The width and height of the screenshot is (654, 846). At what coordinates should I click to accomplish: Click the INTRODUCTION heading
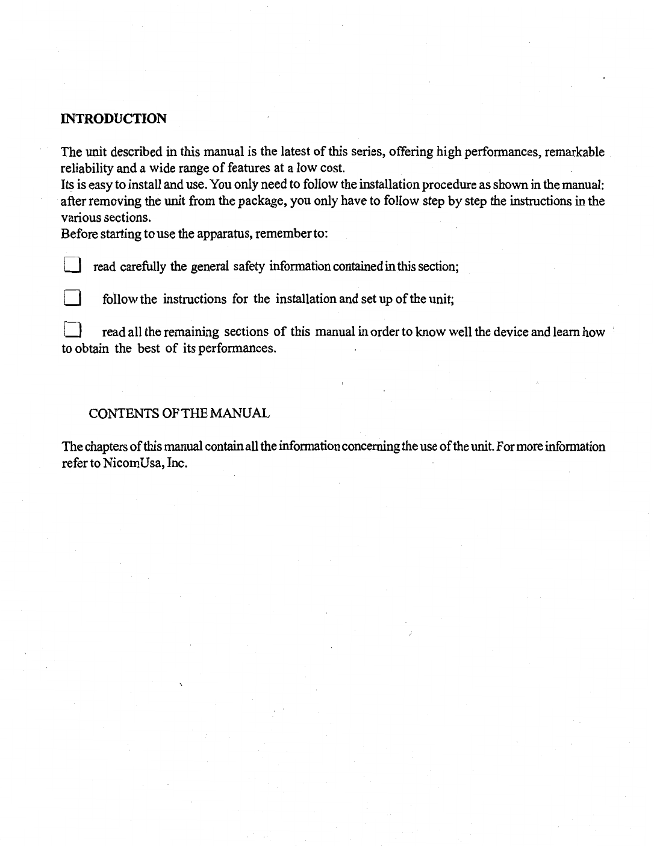[113, 118]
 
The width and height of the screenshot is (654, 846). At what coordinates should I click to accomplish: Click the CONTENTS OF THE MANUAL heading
[179, 414]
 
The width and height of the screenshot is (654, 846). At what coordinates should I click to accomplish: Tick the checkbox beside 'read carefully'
[71, 265]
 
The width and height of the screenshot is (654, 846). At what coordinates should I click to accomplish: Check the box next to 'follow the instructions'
[72, 298]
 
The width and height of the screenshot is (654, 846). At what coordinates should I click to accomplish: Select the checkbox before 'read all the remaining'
[72, 331]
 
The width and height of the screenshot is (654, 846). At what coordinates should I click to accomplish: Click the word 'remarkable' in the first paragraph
[575, 152]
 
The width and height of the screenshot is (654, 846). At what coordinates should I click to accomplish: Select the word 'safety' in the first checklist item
[249, 266]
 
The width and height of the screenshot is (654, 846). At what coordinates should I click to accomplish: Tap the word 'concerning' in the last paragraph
[361, 447]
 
